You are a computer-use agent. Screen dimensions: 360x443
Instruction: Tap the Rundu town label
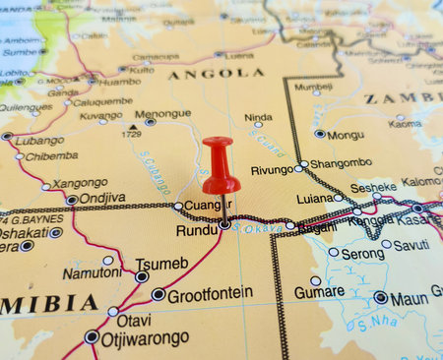click(195, 230)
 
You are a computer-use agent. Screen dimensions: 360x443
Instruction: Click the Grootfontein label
click(210, 294)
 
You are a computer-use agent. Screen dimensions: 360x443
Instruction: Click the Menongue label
click(162, 113)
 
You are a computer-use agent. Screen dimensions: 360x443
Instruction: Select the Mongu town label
click(346, 135)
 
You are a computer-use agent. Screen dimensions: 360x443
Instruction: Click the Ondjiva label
click(101, 197)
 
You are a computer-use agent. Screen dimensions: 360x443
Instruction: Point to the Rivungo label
click(272, 170)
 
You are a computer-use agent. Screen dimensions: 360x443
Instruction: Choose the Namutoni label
click(92, 272)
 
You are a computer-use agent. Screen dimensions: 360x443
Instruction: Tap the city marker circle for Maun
click(380, 297)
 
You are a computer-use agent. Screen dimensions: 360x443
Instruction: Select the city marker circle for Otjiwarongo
click(93, 337)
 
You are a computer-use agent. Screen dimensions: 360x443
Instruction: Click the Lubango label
click(39, 140)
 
